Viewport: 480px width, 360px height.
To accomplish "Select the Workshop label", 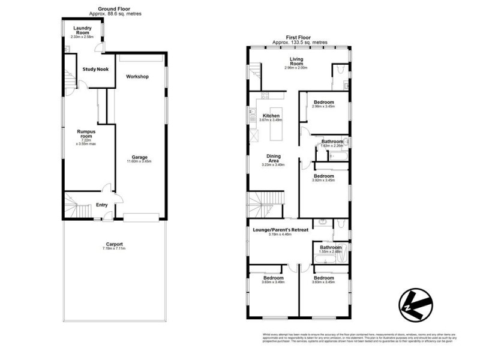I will (x=137, y=76).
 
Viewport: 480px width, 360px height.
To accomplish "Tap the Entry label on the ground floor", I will (x=102, y=205).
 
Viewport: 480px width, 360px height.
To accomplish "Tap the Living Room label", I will (x=296, y=61).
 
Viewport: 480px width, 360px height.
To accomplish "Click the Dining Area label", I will (x=272, y=158).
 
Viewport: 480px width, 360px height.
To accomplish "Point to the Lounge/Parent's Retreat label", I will (x=280, y=229).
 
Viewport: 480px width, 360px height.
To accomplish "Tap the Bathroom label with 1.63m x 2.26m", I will (x=332, y=142).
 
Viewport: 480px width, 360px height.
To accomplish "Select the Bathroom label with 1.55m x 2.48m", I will (x=331, y=247).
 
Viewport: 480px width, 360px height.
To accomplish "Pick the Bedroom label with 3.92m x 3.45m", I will (x=325, y=176).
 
